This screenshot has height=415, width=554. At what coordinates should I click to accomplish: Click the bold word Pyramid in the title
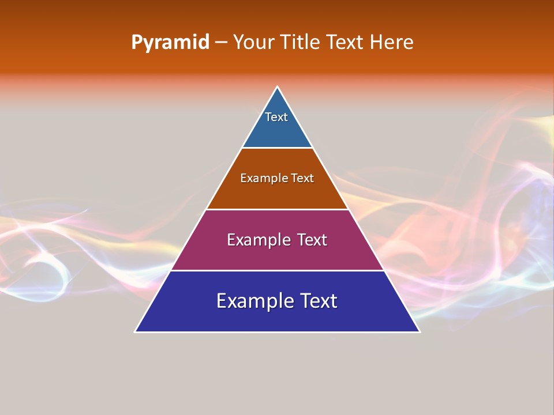click(170, 43)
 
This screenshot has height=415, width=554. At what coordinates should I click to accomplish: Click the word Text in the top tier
click(276, 117)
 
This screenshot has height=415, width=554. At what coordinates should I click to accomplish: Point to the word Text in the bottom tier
click(317, 301)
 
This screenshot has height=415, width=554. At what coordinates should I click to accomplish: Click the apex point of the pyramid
click(278, 87)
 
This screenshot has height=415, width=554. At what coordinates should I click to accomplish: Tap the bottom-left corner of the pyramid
click(135, 331)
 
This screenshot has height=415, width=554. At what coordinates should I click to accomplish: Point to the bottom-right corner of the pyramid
click(420, 331)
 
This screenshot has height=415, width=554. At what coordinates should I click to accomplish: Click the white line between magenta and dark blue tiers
click(277, 270)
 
